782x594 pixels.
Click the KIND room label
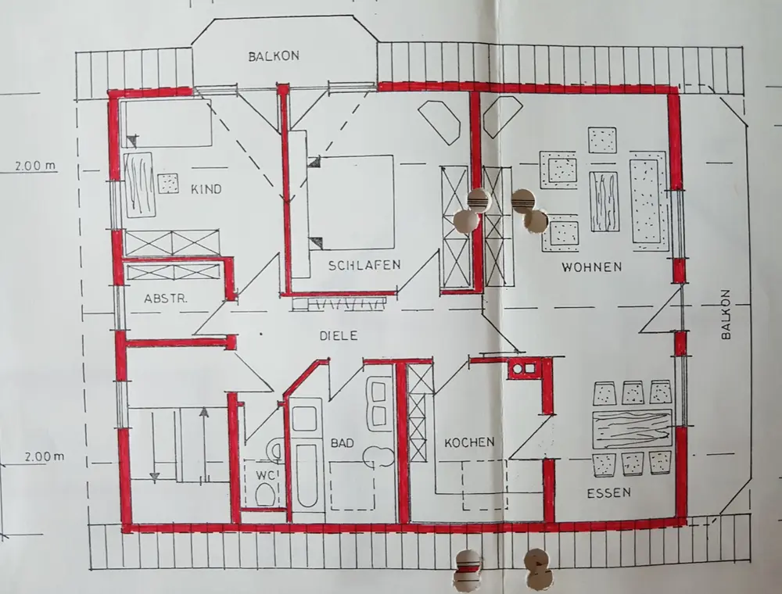click(x=206, y=188)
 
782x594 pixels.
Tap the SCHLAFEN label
click(x=364, y=265)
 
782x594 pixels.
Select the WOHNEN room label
click(x=591, y=267)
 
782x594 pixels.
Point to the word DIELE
click(x=339, y=335)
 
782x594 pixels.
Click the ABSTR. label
click(x=167, y=299)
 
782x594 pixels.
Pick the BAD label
click(x=342, y=443)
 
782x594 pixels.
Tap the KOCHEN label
click(x=469, y=442)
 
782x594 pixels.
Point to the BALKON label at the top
click(x=274, y=56)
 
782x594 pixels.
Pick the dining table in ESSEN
click(x=632, y=428)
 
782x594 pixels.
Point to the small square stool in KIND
click(x=168, y=183)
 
